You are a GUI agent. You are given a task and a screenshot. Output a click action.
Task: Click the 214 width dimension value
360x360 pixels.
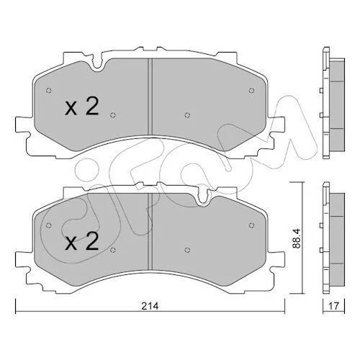[150, 306]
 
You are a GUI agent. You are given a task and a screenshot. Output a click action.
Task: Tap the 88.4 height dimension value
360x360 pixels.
[297, 238]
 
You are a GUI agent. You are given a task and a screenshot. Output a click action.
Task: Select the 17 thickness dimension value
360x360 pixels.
[334, 306]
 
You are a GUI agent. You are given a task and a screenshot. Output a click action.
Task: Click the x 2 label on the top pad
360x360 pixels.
[82, 107]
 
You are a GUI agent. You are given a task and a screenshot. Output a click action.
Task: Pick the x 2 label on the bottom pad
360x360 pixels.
[82, 242]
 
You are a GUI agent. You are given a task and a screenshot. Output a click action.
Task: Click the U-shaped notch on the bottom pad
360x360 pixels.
[203, 197]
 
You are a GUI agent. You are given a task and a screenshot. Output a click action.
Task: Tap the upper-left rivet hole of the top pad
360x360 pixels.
[49, 91]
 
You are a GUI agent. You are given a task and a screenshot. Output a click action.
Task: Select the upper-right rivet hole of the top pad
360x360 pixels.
[251, 91]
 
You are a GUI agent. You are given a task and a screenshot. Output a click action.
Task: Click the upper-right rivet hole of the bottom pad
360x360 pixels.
[251, 225]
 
